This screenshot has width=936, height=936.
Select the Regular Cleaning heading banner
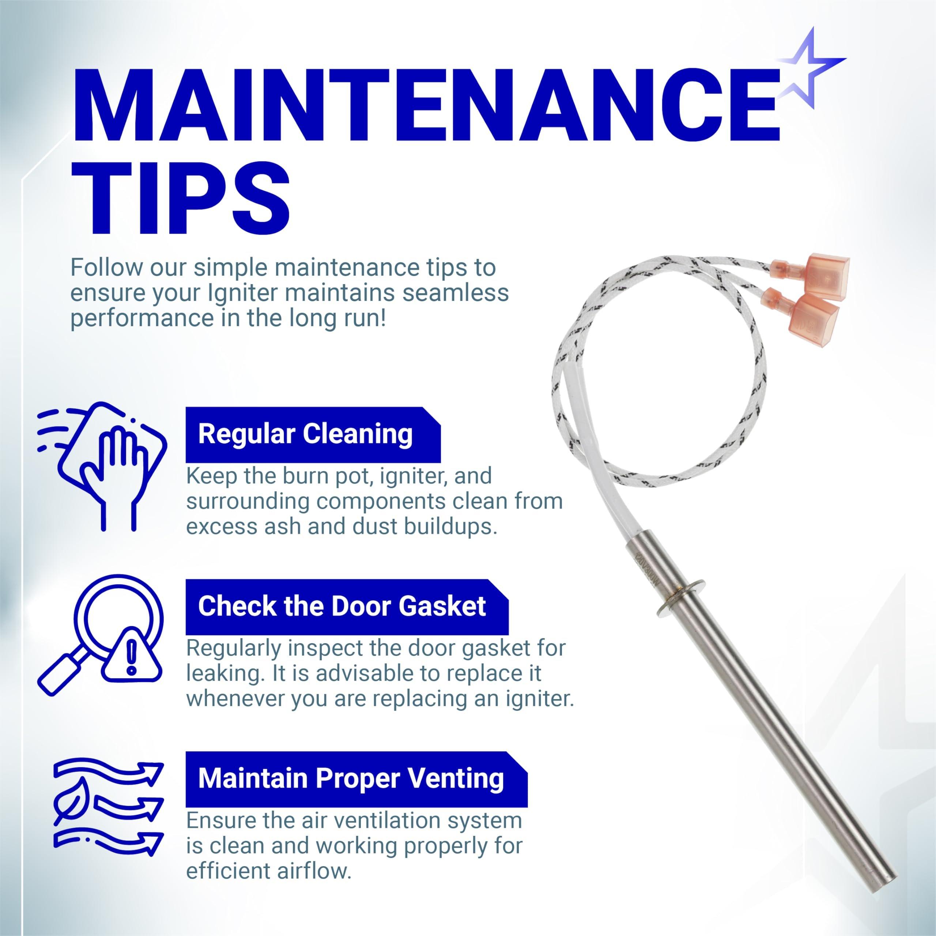(313, 434)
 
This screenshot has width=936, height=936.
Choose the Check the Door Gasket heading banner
(347, 606)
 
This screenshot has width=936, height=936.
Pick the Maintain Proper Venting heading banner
(356, 778)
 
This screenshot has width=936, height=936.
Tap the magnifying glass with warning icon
(100, 635)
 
